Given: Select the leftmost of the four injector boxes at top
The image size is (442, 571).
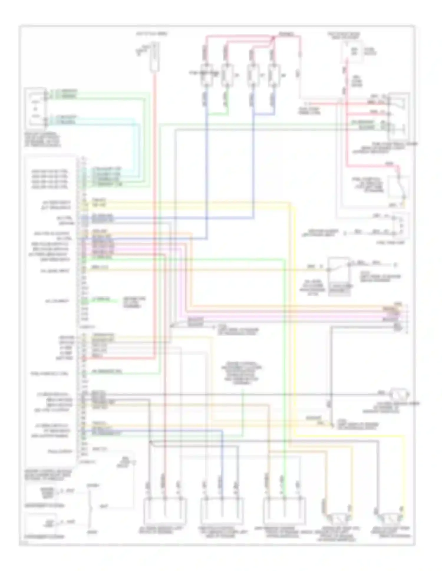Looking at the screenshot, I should click(x=207, y=75).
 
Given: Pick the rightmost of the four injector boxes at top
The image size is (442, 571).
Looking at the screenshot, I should click(x=273, y=75).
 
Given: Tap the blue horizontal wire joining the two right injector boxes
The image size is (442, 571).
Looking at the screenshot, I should click(x=263, y=114).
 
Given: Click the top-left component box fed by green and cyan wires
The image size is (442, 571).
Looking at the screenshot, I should click(x=36, y=109).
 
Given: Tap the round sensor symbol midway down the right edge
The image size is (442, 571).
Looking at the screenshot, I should click(x=399, y=394).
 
